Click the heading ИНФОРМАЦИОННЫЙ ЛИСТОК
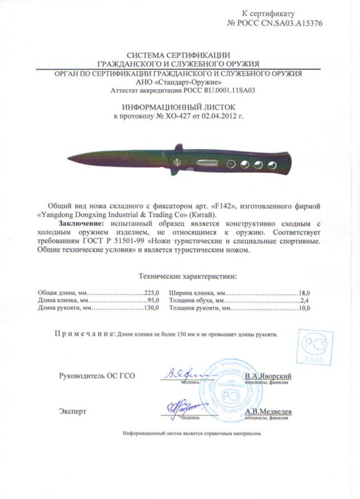[x=180, y=107]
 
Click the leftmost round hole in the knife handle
[x=230, y=164]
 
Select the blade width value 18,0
[x=303, y=293]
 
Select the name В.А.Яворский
[x=267, y=376]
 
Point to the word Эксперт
[x=73, y=412]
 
